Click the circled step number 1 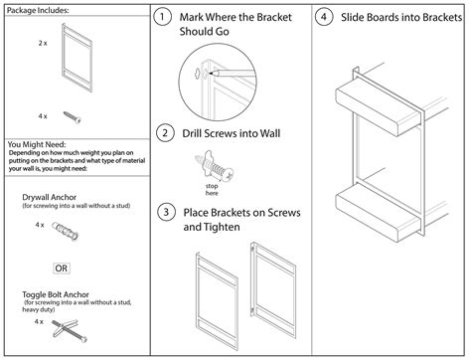click(x=164, y=18)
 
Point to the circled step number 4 click(x=323, y=18)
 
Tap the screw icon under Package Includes click(x=72, y=116)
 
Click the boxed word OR click(x=61, y=268)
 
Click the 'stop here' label click(x=212, y=187)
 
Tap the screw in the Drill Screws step click(x=214, y=161)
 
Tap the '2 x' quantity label click(x=43, y=45)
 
